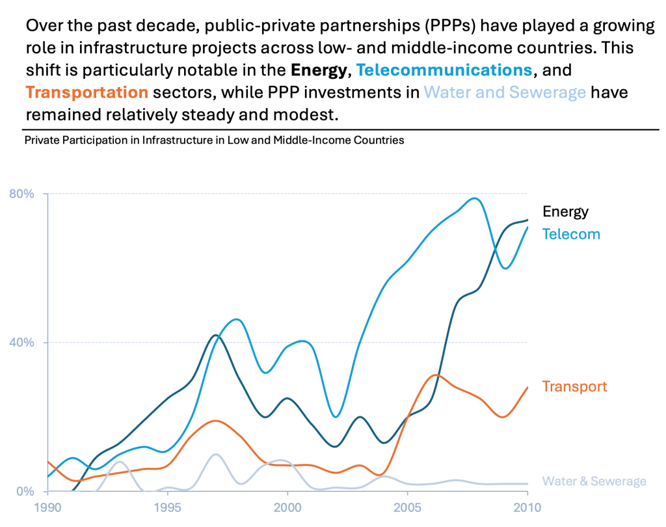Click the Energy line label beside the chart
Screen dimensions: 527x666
tap(565, 211)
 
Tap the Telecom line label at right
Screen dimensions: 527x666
tap(571, 234)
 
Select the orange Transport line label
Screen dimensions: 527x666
tap(574, 386)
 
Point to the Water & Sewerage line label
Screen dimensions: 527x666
tap(594, 481)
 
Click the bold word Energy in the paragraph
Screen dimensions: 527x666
tap(319, 70)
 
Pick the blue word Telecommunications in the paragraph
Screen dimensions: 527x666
tap(444, 70)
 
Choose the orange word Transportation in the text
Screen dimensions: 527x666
tap(87, 92)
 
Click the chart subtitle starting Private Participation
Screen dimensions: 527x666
tap(214, 140)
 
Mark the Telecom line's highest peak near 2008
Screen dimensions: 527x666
tap(475, 198)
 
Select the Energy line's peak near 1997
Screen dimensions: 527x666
tap(216, 335)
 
